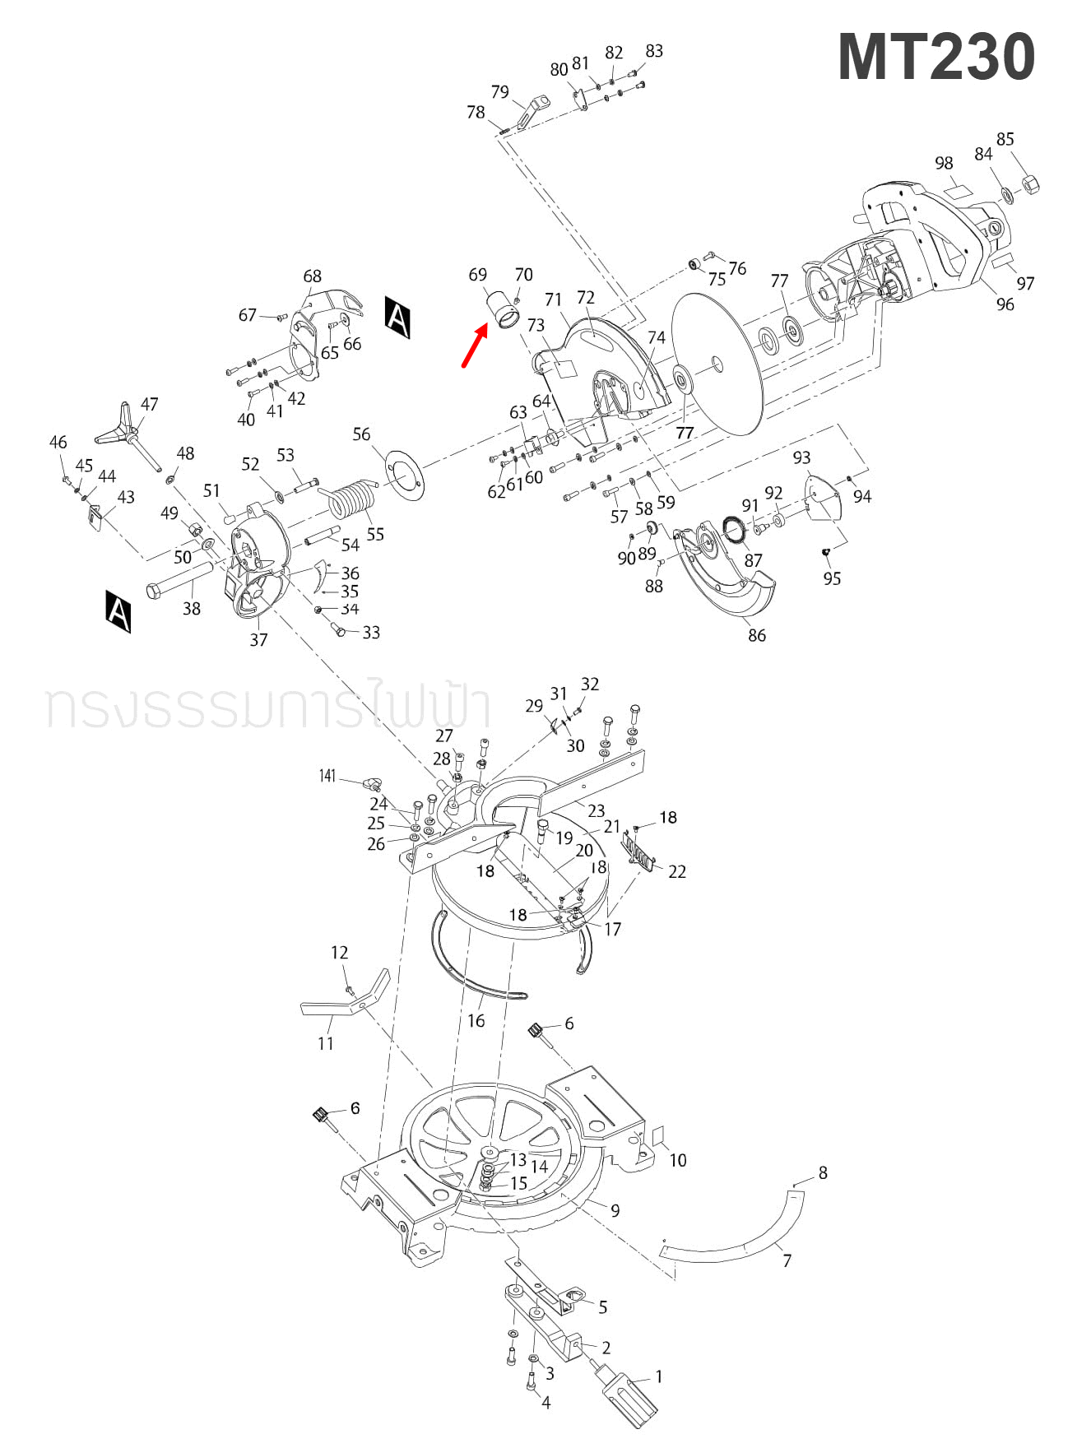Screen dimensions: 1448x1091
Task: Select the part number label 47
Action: point(149,404)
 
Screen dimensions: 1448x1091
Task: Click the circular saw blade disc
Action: point(717,362)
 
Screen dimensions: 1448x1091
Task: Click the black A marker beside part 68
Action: point(397,317)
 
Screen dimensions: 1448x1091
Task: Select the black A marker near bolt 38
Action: point(118,610)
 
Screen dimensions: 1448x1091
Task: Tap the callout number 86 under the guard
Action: point(757,635)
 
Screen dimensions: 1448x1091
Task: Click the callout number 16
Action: point(476,1021)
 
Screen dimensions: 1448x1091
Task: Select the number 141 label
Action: point(327,776)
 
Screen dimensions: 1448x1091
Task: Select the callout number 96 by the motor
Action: point(1005,304)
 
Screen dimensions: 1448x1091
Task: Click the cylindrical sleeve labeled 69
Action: point(504,310)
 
